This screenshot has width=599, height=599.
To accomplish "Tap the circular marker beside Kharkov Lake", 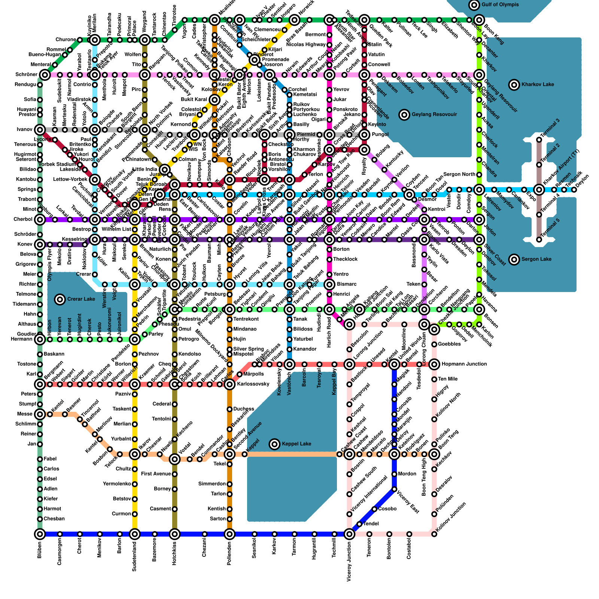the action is coord(514,85).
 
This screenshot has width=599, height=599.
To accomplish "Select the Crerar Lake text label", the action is coord(81,299).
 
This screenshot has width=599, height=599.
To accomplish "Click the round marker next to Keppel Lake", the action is coord(275,444).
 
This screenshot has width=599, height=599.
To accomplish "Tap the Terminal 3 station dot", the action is coord(539,140).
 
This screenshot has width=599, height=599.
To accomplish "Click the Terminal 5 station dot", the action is coord(539,240).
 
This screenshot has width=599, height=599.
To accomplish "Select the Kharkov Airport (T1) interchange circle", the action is coord(539,190).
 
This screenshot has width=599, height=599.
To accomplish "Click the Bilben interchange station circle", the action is coord(40,534).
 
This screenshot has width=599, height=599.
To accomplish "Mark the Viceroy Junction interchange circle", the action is coord(349,534).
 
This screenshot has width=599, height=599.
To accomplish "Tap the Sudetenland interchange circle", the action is coord(135,534).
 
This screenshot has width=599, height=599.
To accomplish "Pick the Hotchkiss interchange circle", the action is coord(174,534).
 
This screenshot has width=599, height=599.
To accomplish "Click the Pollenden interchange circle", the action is coord(229,534).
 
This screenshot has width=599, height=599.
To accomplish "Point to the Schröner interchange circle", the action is coord(45,75).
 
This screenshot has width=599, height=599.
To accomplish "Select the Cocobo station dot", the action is coord(374,509).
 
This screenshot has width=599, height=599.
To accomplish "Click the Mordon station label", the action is coord(407,474).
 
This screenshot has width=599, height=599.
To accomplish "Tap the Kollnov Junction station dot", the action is coord(434,534).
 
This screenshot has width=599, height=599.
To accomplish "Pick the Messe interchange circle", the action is coord(40,414).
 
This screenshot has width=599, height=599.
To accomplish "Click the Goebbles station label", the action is coord(449,344).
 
